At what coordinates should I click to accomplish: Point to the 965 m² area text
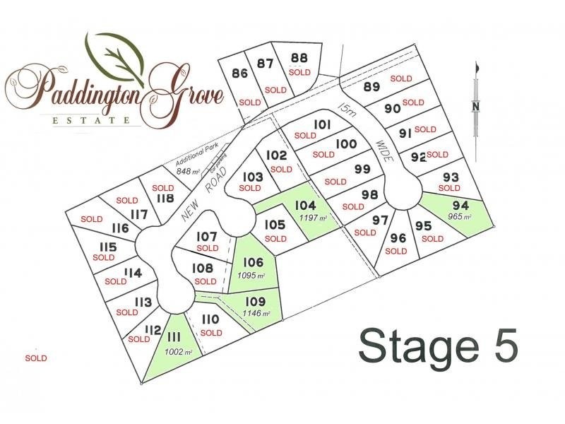[460, 216]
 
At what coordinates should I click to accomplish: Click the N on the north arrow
[476, 106]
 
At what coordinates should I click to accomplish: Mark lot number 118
[165, 199]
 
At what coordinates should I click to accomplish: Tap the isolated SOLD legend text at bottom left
[36, 358]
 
